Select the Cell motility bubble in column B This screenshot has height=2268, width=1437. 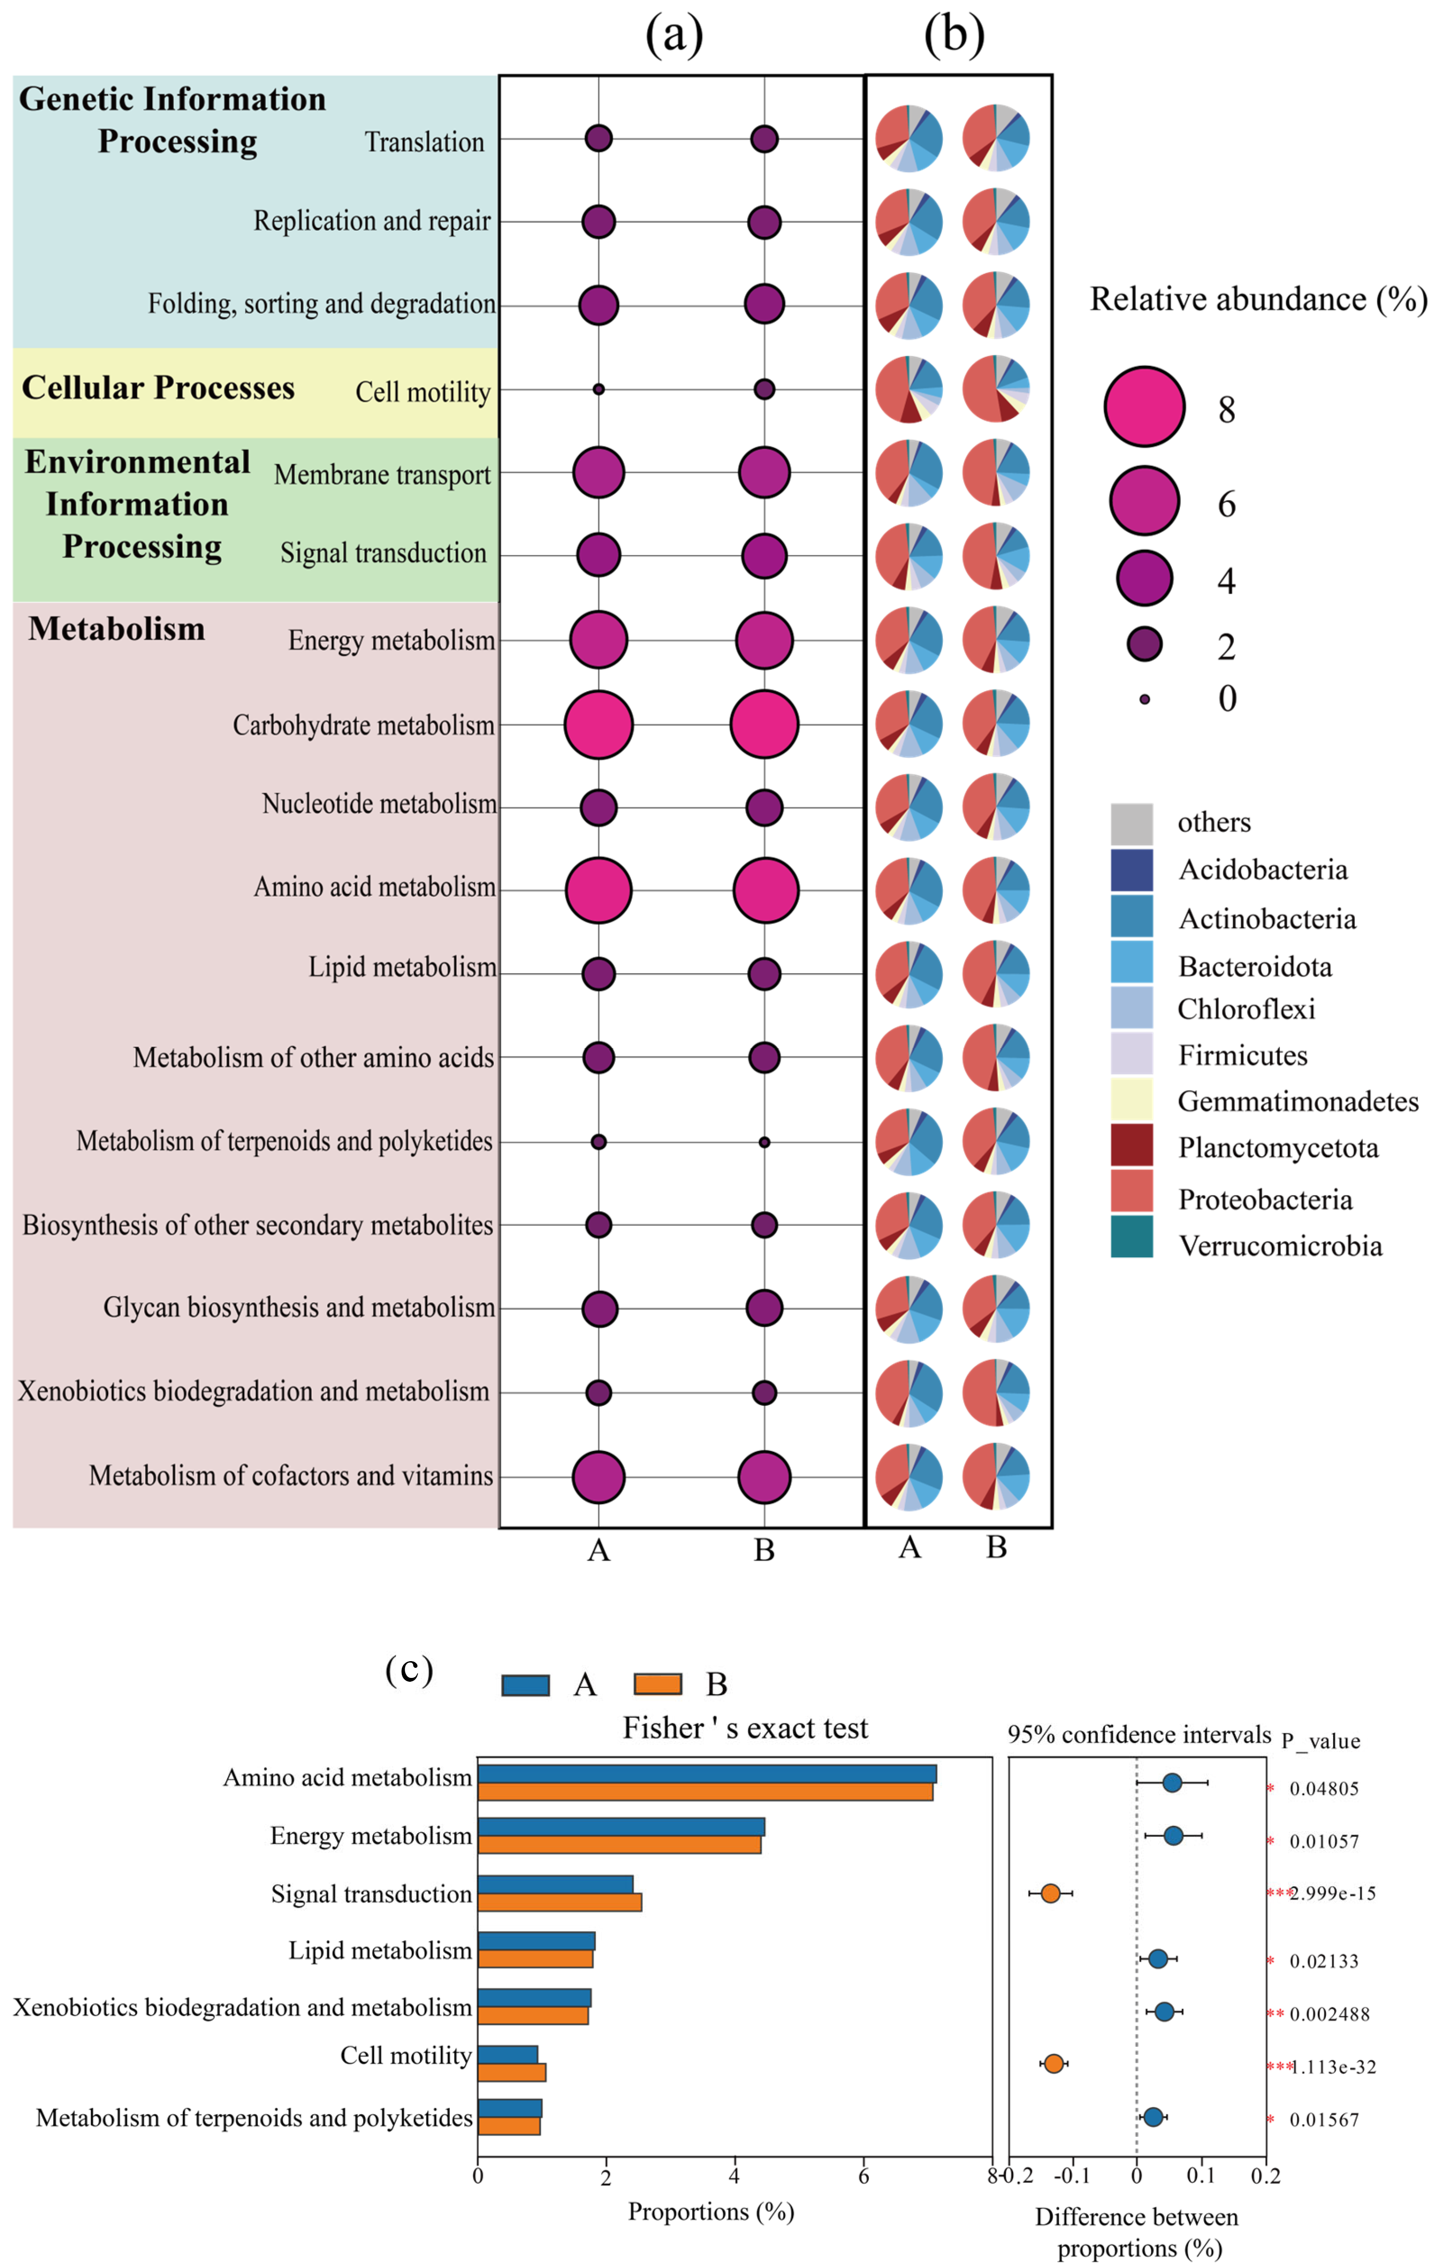(x=764, y=389)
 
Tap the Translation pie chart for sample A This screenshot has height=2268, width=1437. (x=909, y=138)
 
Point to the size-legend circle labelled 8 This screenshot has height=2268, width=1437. (x=1144, y=406)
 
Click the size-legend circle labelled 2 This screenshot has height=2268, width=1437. (x=1144, y=644)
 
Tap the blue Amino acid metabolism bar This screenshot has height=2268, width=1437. (x=706, y=1774)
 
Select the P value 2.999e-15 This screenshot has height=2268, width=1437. (x=1332, y=1893)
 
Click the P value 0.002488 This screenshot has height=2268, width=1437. (x=1329, y=2014)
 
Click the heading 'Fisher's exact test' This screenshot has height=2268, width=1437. (x=745, y=1728)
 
